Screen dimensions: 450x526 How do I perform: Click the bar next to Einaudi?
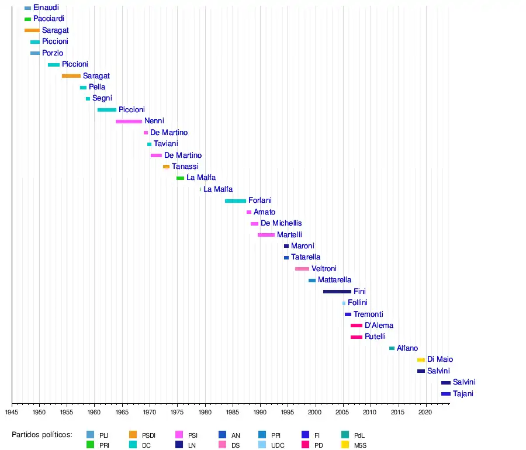coord(27,8)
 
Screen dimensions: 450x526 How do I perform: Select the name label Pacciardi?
coord(49,19)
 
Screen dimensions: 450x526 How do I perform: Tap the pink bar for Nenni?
coord(129,121)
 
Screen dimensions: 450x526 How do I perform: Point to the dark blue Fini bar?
coord(337,291)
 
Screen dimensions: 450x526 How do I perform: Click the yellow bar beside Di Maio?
coord(421,359)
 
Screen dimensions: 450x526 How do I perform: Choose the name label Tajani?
coord(463,393)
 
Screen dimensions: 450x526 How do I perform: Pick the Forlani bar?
coord(236,200)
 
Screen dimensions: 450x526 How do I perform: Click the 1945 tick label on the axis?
coord(12,412)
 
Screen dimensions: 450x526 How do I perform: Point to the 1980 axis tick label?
coord(205,412)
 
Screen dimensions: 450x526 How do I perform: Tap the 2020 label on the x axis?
coord(425,412)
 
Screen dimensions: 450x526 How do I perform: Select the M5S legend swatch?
coord(345,445)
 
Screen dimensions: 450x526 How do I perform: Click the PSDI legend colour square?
coord(133,435)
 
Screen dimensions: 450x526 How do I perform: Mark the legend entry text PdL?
coord(359,435)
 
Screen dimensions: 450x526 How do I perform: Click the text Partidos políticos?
coord(41,434)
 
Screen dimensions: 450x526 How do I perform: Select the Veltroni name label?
coord(324,268)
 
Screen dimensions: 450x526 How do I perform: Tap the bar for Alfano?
coord(392,348)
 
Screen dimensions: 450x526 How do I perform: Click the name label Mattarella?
coord(334,280)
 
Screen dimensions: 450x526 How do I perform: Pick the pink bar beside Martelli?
coord(266,234)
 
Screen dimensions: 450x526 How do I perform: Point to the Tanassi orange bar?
coord(166,167)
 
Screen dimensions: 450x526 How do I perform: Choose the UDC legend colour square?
coord(262,445)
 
